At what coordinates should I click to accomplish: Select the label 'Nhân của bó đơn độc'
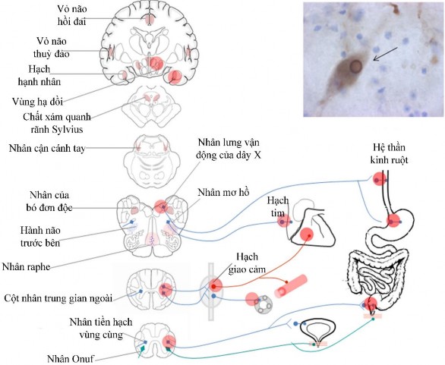coord(51,200)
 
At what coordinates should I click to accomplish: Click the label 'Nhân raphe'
coord(39,266)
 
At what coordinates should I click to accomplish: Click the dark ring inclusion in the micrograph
coord(354,66)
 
